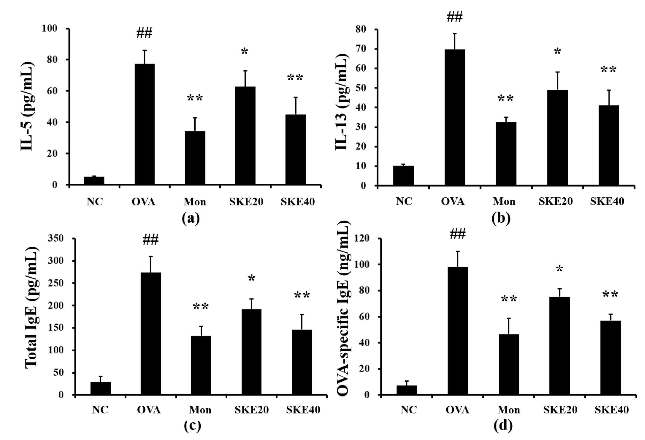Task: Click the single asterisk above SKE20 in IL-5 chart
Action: coord(244,52)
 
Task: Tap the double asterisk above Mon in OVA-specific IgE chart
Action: coord(509,300)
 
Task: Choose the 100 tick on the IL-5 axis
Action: coord(49,28)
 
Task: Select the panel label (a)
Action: coord(191,218)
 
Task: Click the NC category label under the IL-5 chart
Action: coord(95,202)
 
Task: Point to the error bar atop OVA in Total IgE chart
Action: coord(151,264)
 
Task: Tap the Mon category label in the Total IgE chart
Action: coord(200,410)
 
